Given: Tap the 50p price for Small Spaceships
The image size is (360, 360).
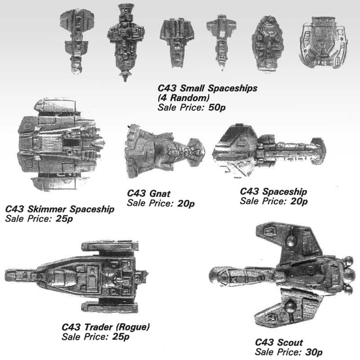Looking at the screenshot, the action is click(217, 107).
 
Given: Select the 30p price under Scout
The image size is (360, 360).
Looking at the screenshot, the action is click(314, 352).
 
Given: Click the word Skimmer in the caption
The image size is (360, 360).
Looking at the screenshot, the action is click(47, 209).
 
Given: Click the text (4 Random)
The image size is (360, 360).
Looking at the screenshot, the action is click(184, 98).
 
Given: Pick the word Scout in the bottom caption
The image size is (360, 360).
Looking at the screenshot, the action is click(291, 342).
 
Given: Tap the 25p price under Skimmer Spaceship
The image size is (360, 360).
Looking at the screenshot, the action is click(64, 219).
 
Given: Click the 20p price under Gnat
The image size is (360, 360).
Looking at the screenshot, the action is click(186, 204).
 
